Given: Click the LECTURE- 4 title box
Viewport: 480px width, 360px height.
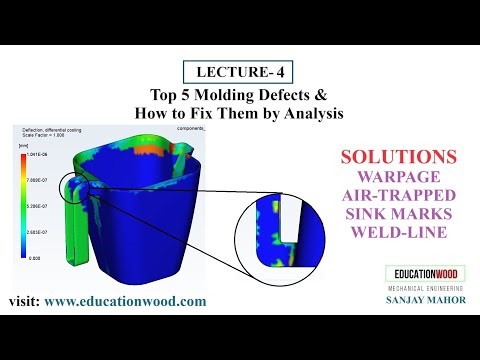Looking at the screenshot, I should click(239, 72).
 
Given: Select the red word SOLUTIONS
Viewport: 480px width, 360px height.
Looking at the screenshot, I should click(399, 158).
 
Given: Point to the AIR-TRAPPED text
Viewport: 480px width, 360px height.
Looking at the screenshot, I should click(399, 196).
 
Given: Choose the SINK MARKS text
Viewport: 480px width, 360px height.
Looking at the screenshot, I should click(399, 214).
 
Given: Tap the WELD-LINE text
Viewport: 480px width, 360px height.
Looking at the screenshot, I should click(399, 233).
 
